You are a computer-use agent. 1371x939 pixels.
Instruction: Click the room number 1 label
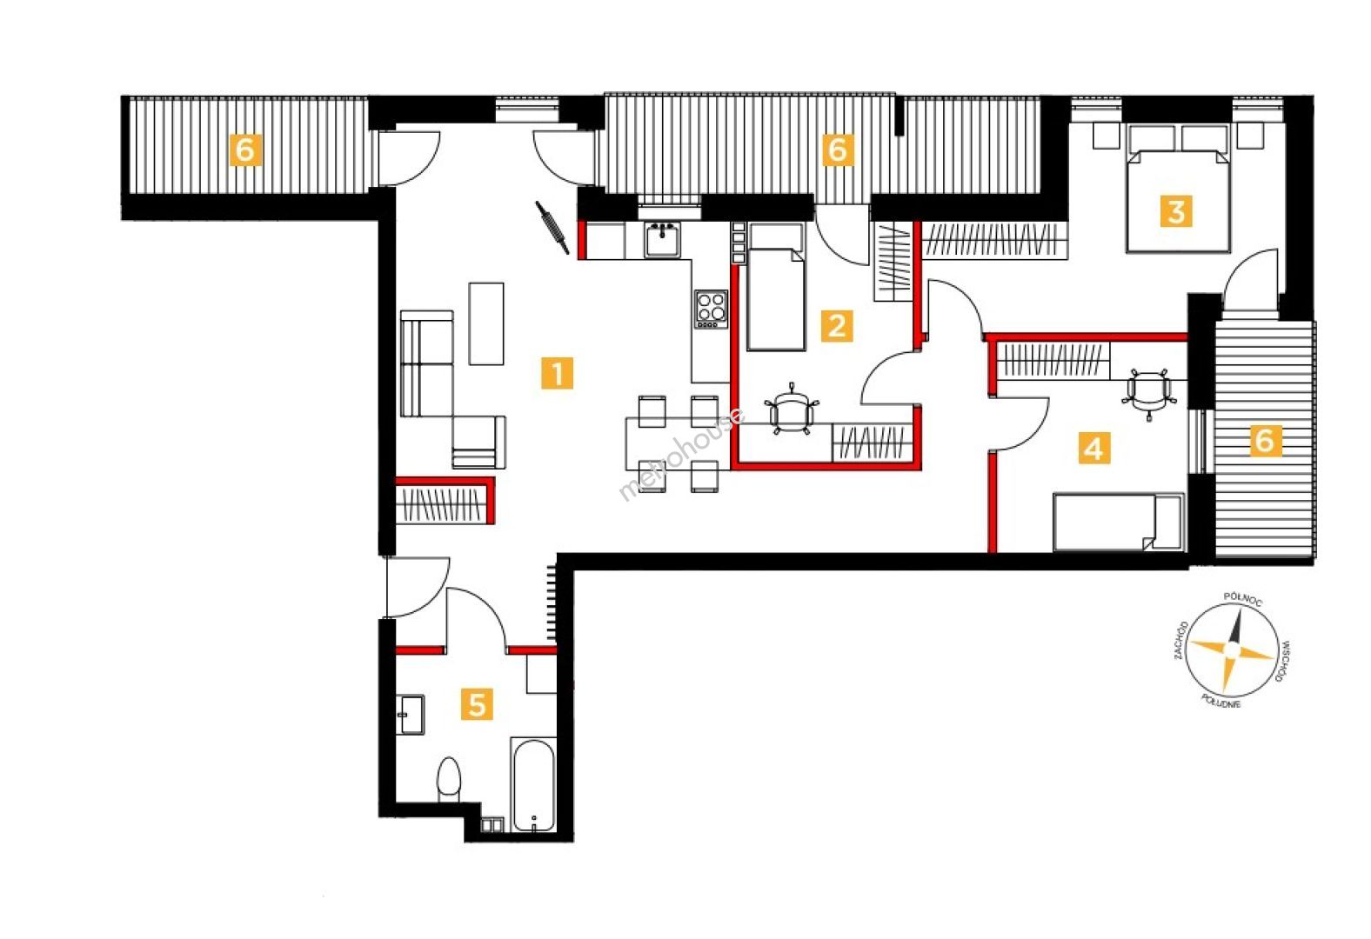pos(557,373)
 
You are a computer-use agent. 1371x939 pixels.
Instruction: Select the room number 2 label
pos(837,326)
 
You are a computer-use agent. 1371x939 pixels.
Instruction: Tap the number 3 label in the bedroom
pos(1176,211)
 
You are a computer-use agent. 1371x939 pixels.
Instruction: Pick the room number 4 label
pos(1093,449)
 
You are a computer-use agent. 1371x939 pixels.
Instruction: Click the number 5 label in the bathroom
pos(477,705)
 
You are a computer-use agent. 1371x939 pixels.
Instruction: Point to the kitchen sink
pos(662,240)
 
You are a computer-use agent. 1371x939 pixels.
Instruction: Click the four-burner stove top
pos(712,309)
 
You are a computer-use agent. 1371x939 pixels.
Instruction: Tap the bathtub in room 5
pos(534,785)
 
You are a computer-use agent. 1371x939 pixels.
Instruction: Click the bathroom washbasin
pos(410,715)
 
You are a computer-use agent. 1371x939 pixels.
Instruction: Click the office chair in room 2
pos(792,409)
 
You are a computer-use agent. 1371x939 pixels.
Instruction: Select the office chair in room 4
pos(1149,394)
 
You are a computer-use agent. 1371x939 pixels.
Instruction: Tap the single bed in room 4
pos(1118,522)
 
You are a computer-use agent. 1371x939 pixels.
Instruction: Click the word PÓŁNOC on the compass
pos(1242,600)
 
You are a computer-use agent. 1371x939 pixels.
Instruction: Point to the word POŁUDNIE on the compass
pos(1221,702)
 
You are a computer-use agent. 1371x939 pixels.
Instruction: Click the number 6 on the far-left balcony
pos(245,150)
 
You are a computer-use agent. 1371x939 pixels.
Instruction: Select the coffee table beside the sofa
pos(486,323)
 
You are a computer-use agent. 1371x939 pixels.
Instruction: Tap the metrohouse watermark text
pos(682,454)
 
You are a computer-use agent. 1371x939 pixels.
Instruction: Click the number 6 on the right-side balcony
pos(1265,440)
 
